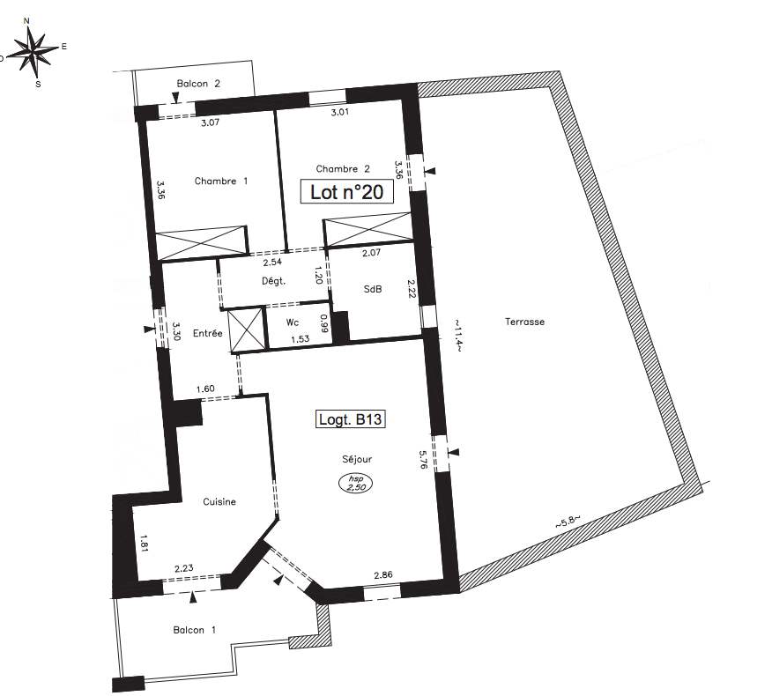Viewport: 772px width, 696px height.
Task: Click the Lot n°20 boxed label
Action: (x=347, y=192)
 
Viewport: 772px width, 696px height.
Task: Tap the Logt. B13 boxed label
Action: (x=350, y=419)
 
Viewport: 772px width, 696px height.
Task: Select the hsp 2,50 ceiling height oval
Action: (x=355, y=483)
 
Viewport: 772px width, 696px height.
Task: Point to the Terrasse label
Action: (x=525, y=322)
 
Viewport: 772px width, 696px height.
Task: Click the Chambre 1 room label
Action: (x=221, y=181)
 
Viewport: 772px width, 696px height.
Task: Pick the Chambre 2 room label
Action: (x=343, y=169)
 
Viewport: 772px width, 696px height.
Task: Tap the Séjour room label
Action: (x=357, y=459)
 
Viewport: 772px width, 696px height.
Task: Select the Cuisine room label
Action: (x=219, y=501)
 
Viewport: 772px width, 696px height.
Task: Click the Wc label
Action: (x=293, y=322)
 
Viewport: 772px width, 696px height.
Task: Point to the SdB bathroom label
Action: (x=373, y=289)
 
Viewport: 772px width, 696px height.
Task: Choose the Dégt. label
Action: (x=274, y=281)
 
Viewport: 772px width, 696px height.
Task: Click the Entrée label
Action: (x=208, y=333)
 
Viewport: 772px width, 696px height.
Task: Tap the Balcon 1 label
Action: (x=195, y=630)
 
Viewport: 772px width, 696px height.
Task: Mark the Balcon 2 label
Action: (x=198, y=84)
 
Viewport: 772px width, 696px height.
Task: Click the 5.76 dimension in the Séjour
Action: (x=422, y=459)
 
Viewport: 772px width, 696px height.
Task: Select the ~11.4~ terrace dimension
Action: (x=457, y=337)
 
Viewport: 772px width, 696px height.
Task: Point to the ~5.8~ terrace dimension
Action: (x=568, y=522)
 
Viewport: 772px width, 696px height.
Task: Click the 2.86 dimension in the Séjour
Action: (x=383, y=574)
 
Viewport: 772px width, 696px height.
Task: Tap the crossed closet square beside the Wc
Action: (x=247, y=329)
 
